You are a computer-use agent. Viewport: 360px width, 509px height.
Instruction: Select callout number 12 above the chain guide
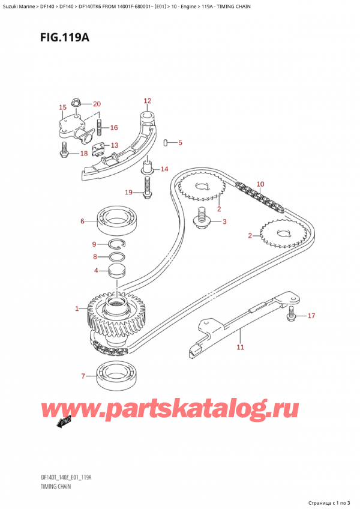click(x=147, y=101)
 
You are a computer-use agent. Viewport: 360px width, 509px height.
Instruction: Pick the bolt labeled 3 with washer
click(x=202, y=221)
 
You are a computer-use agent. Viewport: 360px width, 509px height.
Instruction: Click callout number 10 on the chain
click(x=260, y=184)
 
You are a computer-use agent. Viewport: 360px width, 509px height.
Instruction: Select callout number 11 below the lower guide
click(x=240, y=347)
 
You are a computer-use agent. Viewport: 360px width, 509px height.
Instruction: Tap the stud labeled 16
click(x=100, y=128)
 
